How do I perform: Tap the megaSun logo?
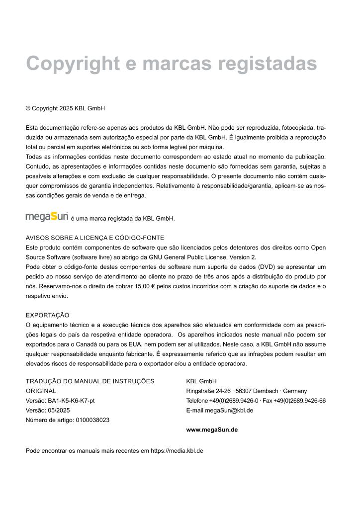pos(47,217)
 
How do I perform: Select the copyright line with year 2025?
pos(65,108)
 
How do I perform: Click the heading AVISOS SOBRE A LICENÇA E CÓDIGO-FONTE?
pos(95,238)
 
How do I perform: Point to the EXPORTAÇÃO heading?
pos(47,315)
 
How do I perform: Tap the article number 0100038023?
pos(92,420)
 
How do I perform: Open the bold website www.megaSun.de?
pos(212,429)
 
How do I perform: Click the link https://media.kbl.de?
pos(177,451)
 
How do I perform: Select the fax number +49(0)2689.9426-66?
pos(300,401)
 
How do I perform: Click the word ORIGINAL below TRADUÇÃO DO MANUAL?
pos(41,391)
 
